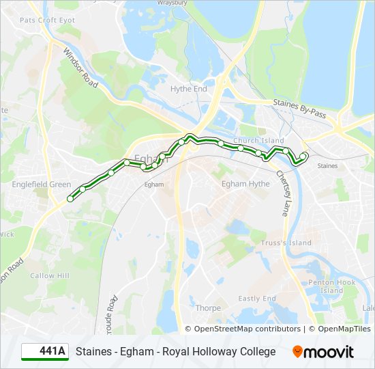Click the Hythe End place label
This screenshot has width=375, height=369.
(x=189, y=89)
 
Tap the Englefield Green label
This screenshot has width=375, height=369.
(x=41, y=184)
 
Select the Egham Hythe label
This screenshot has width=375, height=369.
(x=245, y=184)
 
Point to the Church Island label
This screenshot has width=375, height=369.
(x=258, y=141)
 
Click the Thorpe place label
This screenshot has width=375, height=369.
(x=208, y=308)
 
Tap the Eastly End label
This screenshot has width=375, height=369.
(x=257, y=299)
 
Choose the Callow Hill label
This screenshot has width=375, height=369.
(x=50, y=276)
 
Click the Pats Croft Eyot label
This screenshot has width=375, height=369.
(x=47, y=20)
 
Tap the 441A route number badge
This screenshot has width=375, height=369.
(x=45, y=352)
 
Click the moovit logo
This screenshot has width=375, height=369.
(x=323, y=352)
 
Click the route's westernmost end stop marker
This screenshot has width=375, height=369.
(x=70, y=199)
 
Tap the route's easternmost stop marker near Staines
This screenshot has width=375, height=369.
(x=303, y=156)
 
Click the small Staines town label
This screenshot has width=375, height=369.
(x=327, y=166)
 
